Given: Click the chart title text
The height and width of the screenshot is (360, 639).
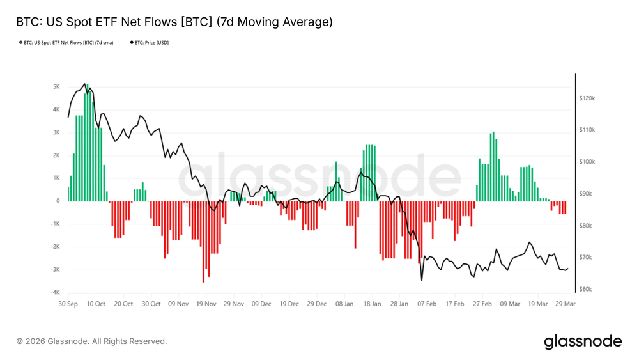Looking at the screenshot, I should pos(174,22).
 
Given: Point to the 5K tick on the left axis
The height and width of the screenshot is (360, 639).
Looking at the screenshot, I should pos(56,87).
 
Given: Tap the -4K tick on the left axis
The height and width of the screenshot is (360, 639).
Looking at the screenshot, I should pos(55,293).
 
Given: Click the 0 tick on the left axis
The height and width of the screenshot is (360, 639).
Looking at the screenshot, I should pos(58,201).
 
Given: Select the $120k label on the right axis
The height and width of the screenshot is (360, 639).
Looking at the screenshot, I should pos(587,99).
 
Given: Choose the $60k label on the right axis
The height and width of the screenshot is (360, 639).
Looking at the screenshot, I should pos(587,290).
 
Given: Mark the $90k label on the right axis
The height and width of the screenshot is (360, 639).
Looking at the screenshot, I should pos(587,194).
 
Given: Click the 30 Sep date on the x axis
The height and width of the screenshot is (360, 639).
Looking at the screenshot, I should pos(69,304).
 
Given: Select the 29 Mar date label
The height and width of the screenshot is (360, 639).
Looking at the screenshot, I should pos(565,304).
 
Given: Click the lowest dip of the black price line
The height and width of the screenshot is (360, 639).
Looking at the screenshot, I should pos(422,280).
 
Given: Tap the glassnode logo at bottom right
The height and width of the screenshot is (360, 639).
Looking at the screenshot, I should pos(582,341).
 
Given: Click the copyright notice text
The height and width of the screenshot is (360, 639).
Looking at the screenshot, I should pos(91,341).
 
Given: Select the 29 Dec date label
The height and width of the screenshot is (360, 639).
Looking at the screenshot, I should pos(316,304).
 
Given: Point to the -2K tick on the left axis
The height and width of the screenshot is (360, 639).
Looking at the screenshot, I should pos(55,247).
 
